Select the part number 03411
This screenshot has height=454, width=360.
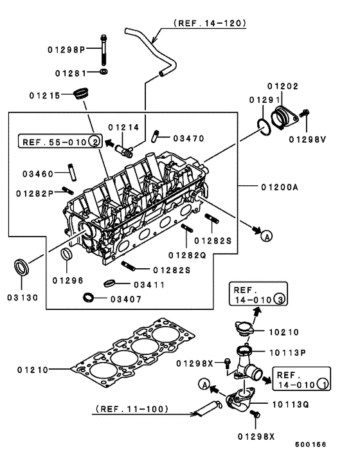(148, 284)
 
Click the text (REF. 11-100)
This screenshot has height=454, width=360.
(132, 408)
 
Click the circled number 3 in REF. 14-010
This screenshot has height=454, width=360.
(279, 298)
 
